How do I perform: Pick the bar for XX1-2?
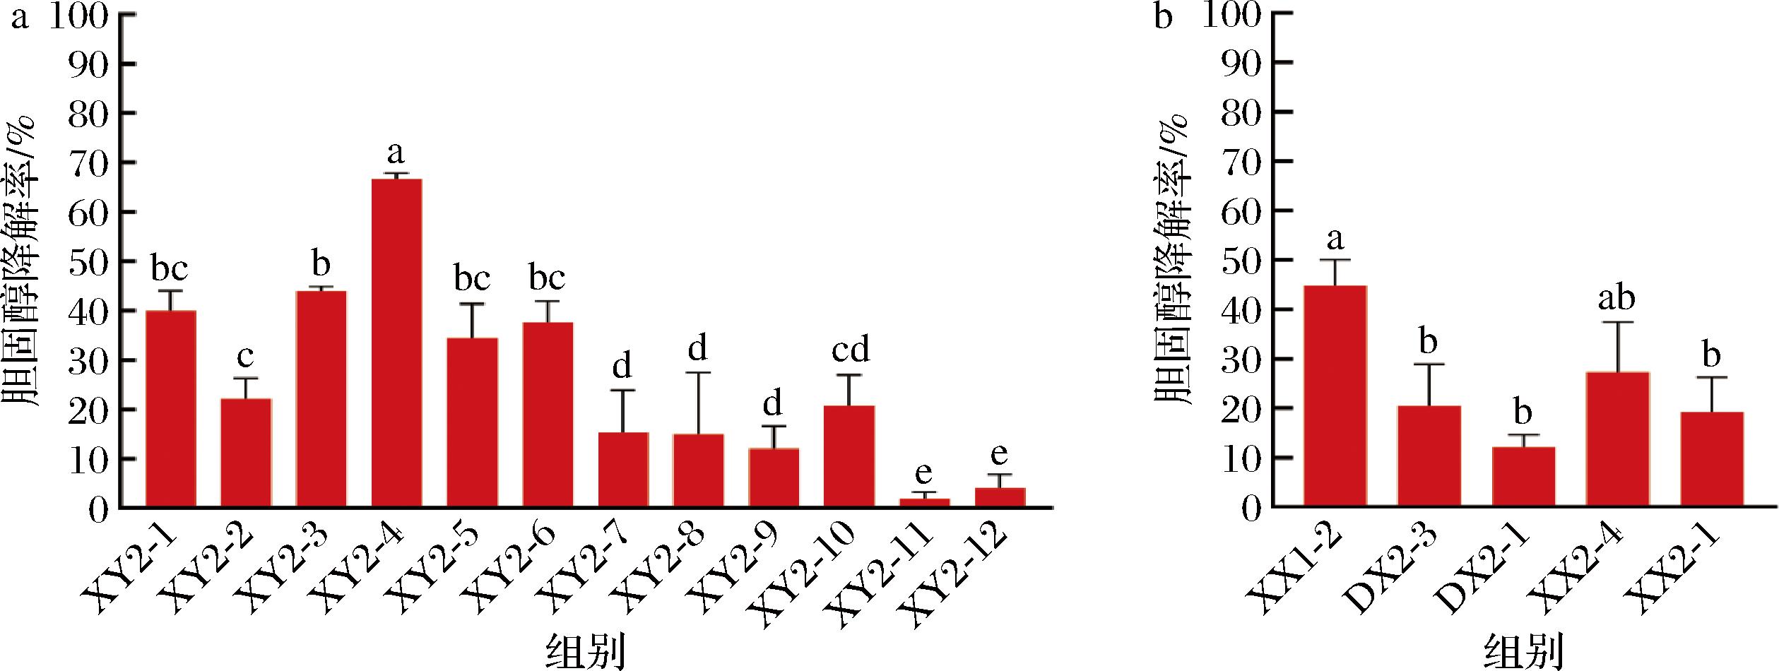click(1335, 396)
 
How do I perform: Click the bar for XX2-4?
click(1617, 439)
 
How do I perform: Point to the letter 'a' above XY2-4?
click(396, 151)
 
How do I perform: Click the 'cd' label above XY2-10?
click(850, 350)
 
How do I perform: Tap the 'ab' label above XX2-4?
click(1617, 298)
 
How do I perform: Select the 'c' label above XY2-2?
click(245, 357)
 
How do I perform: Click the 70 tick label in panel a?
click(92, 162)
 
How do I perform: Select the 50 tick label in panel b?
click(1241, 261)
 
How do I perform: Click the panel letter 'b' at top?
click(1163, 18)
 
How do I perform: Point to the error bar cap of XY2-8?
click(698, 372)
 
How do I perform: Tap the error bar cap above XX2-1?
click(1711, 377)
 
